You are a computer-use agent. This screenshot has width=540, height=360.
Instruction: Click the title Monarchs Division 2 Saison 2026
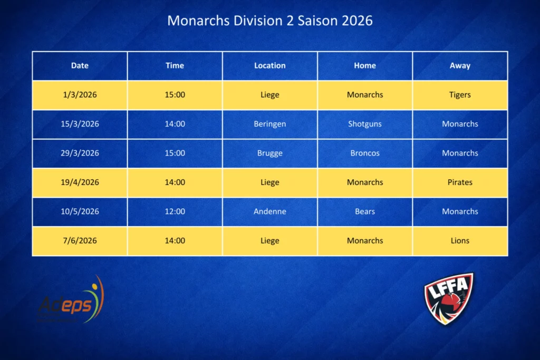[x=269, y=21]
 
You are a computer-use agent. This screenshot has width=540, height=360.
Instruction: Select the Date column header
[x=80, y=65]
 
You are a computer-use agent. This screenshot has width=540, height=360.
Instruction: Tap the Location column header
[x=269, y=65]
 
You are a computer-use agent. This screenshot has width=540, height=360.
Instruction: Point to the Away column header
[x=460, y=65]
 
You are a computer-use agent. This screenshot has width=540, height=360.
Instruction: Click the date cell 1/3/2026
[x=80, y=95]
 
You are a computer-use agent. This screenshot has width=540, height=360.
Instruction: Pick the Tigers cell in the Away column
[x=460, y=95]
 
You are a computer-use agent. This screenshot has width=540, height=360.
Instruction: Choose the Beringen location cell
[x=269, y=124]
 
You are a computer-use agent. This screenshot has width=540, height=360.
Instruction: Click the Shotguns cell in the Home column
[x=365, y=124]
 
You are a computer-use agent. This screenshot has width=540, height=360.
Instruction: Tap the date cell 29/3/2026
[x=80, y=153]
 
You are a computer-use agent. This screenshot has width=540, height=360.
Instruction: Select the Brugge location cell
[x=269, y=153]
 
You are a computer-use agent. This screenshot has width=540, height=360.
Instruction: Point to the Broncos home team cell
[x=365, y=153]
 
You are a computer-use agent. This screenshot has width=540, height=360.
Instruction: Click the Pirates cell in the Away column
[x=460, y=182]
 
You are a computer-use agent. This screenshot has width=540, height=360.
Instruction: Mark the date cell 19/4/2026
[x=80, y=182]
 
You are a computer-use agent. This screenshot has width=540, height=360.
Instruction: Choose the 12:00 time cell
[x=175, y=211]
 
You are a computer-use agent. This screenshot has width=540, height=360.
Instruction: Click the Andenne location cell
[x=269, y=211]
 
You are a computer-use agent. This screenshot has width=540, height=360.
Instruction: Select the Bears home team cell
[x=365, y=211]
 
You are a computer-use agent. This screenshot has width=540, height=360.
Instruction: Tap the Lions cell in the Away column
[x=460, y=240]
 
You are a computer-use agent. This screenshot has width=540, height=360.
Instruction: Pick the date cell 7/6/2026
[x=80, y=240]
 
